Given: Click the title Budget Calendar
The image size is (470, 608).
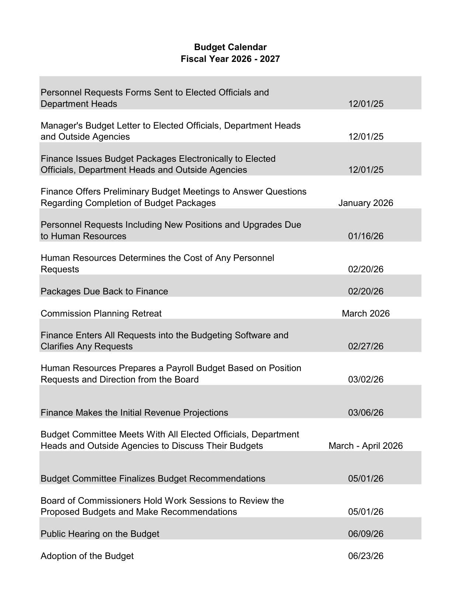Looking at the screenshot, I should [x=230, y=47].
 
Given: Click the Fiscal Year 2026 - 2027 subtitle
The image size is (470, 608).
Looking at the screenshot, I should [x=230, y=59].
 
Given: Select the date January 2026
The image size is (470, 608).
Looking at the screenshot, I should [x=365, y=203].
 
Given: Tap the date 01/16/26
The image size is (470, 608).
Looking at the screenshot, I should [x=365, y=236].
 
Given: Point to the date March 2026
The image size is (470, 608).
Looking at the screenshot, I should [x=365, y=314].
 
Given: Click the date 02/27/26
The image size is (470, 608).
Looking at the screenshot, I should [x=365, y=346].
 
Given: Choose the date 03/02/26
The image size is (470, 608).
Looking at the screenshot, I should [x=365, y=380].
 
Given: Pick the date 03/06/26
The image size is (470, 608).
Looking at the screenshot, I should [x=365, y=413].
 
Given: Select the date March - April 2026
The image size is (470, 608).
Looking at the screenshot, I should [x=365, y=446].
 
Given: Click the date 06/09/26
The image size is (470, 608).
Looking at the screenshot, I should [x=365, y=534].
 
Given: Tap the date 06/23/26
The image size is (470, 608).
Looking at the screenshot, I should [x=365, y=556].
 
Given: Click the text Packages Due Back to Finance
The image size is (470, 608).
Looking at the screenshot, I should [x=104, y=291].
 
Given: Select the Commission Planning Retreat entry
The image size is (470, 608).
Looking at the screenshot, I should [x=101, y=314].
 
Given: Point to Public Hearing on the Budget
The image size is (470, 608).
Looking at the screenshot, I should [x=100, y=534].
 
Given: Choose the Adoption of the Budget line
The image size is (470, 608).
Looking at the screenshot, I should [x=87, y=556].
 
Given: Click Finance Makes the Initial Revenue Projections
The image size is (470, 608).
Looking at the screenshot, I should [x=134, y=413].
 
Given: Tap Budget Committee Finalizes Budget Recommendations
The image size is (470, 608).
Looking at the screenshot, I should [x=153, y=479].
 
